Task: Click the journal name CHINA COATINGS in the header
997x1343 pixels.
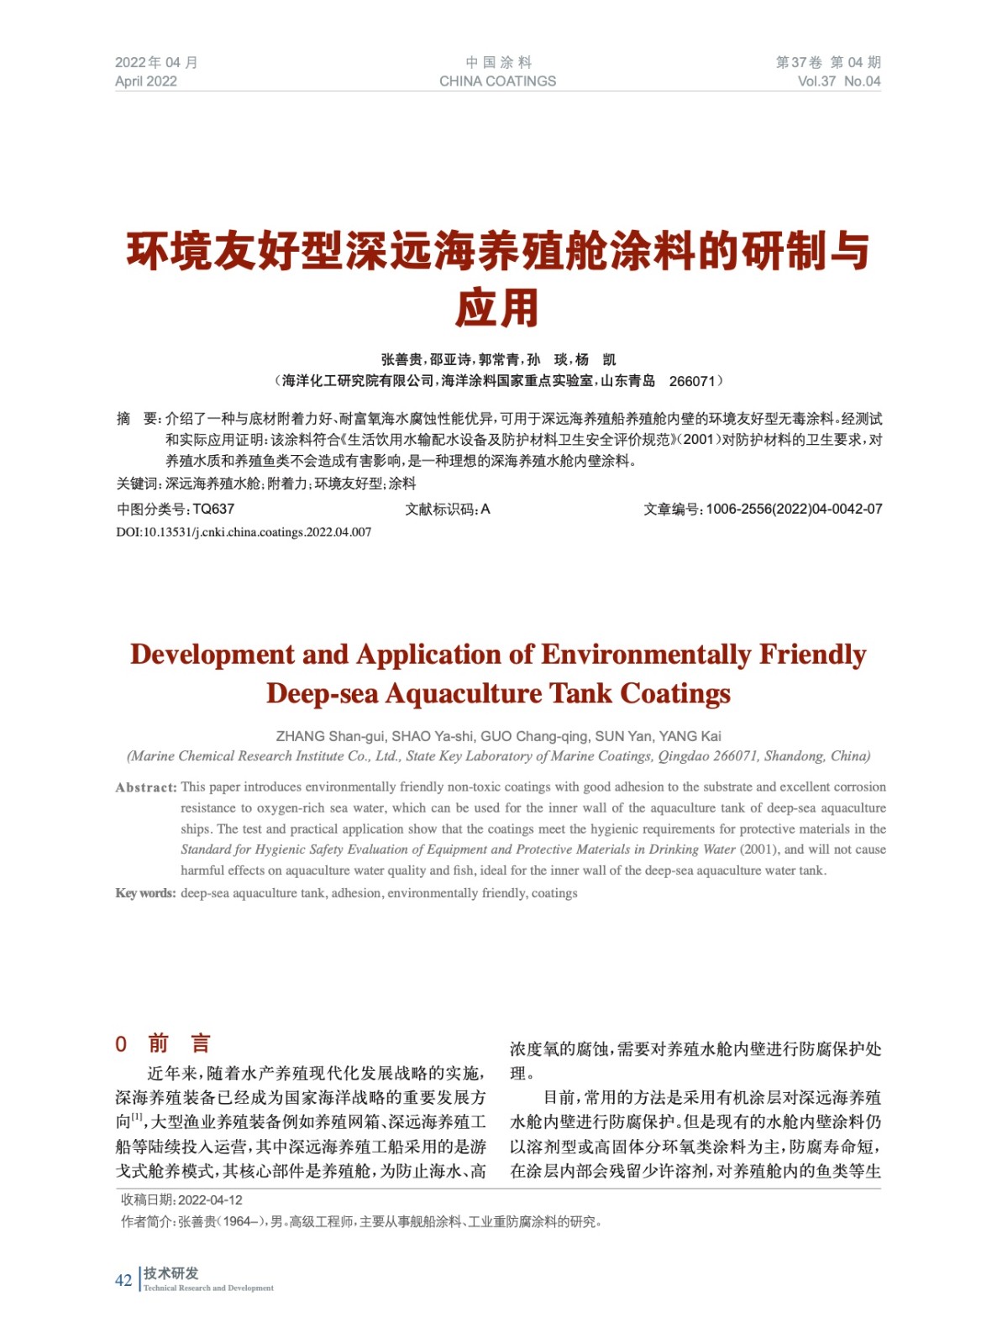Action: (497, 81)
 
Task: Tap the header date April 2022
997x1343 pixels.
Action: (146, 81)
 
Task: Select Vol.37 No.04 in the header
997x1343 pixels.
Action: (838, 81)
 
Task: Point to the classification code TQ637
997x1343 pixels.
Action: (213, 509)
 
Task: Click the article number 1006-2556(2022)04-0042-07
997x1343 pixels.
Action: (794, 509)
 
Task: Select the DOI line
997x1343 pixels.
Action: (244, 532)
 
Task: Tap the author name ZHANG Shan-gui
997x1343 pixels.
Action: (329, 736)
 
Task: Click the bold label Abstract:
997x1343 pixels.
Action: (146, 787)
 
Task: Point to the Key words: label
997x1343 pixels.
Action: (145, 893)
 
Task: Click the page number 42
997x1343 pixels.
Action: (123, 1280)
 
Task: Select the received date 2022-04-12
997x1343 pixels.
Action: (210, 1200)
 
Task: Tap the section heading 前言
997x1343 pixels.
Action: (179, 1043)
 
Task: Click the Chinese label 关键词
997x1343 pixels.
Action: (137, 483)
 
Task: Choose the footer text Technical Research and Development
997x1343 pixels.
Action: (208, 1288)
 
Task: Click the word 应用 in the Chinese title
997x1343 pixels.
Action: (497, 308)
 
